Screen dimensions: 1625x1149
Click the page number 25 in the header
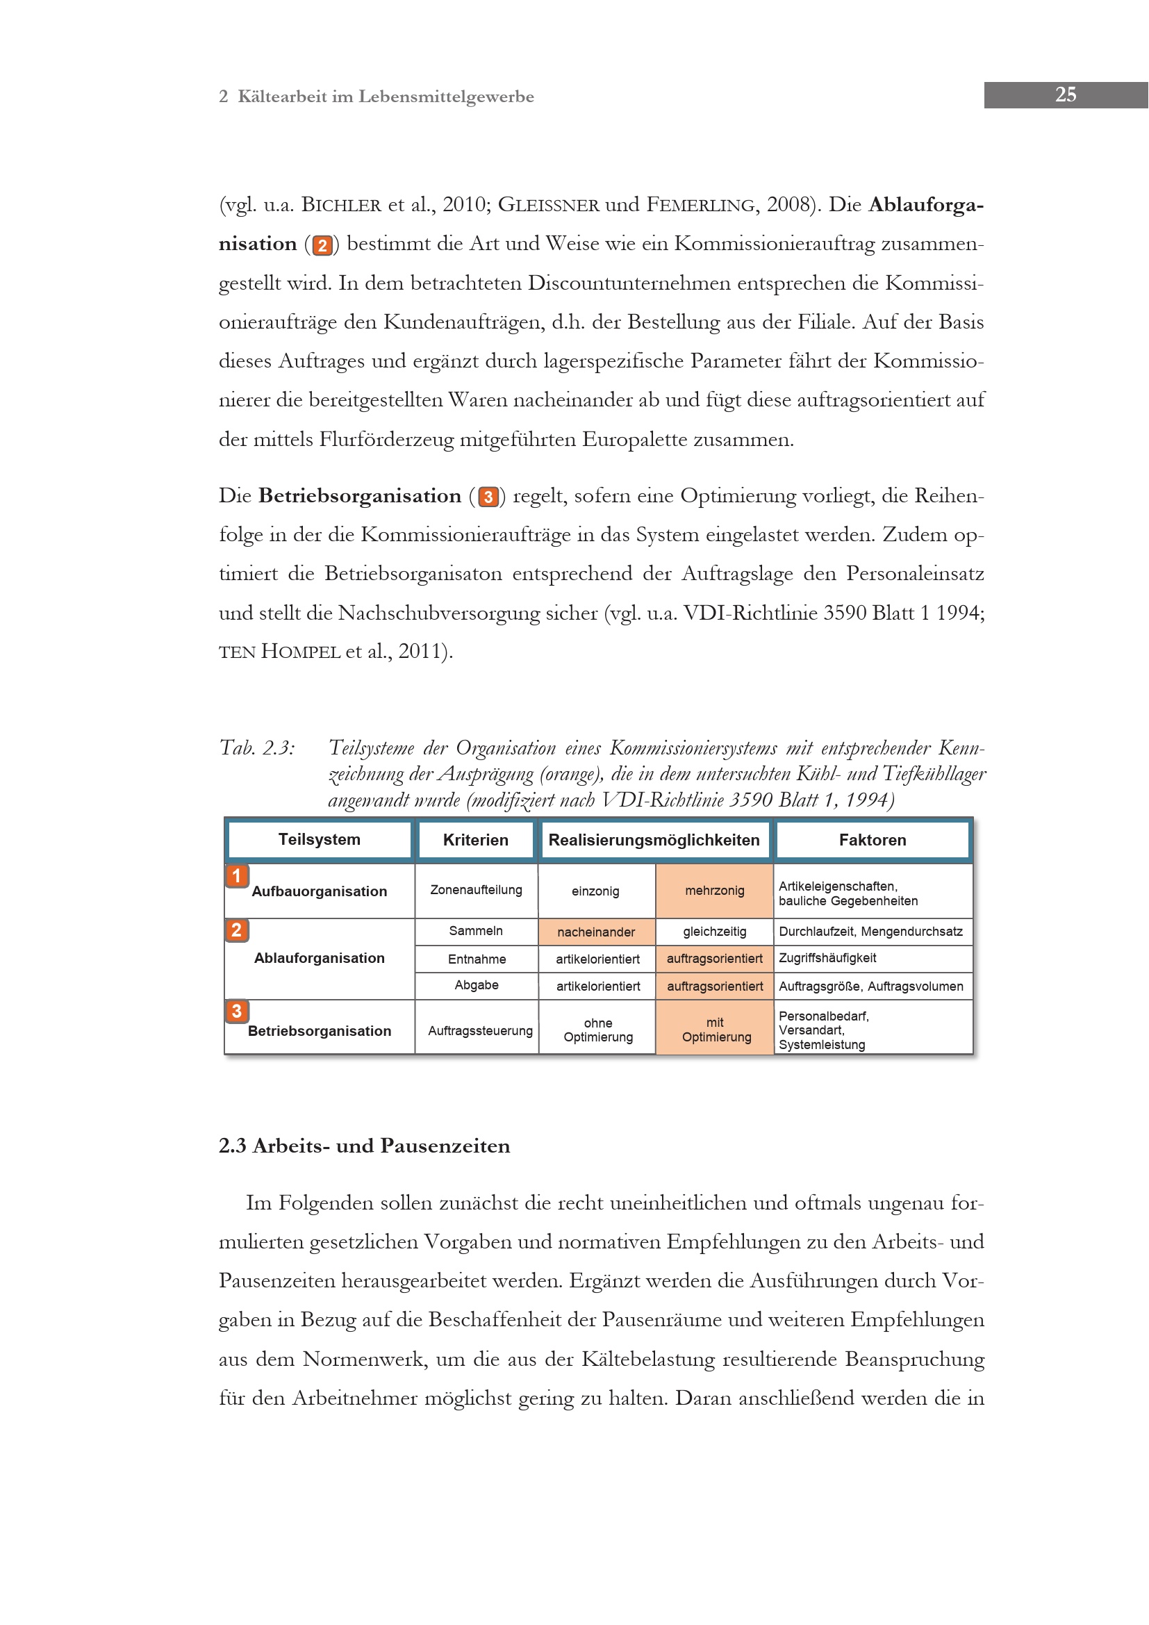pos(1065,95)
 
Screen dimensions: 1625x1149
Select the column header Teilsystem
pos(319,839)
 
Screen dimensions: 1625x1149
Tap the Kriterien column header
pos(475,840)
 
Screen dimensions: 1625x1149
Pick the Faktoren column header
pos(873,840)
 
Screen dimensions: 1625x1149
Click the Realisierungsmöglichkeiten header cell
pos(654,840)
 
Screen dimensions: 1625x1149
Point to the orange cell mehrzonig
pos(715,891)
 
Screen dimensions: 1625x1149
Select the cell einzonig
pos(595,891)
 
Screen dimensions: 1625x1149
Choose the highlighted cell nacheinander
pos(596,932)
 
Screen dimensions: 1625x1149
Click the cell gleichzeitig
pos(715,932)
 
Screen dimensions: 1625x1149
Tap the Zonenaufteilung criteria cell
pos(476,890)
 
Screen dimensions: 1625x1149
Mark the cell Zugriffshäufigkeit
pos(828,958)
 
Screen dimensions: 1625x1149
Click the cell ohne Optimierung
pos(598,1030)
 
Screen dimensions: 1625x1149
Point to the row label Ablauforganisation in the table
pos(319,958)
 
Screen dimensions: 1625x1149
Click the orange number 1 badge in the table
pos(237,876)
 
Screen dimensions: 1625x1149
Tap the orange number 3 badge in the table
pos(237,1012)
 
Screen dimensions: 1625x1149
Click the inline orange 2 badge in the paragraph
pos(322,245)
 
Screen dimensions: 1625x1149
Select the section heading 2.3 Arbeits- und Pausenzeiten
pos(365,1146)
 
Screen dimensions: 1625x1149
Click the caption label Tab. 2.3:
pos(257,748)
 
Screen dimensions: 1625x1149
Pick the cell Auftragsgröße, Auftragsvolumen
pos(871,986)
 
